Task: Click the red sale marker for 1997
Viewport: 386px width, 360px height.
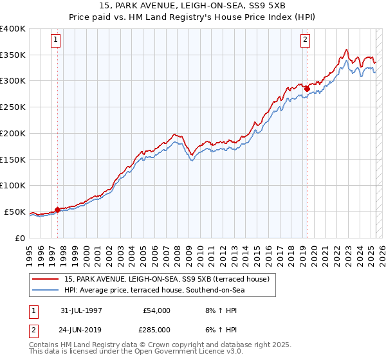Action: (57, 209)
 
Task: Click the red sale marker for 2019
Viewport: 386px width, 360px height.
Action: (307, 89)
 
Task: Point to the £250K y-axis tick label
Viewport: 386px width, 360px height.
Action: (13, 107)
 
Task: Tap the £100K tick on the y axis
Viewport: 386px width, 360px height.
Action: (13, 185)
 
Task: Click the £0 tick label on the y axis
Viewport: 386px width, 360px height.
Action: (19, 238)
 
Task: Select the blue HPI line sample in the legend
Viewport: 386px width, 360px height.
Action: (46, 290)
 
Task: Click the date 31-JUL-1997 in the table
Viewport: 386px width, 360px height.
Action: (82, 310)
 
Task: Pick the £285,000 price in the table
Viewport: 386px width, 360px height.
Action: (156, 330)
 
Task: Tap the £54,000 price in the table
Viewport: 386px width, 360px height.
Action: (156, 310)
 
